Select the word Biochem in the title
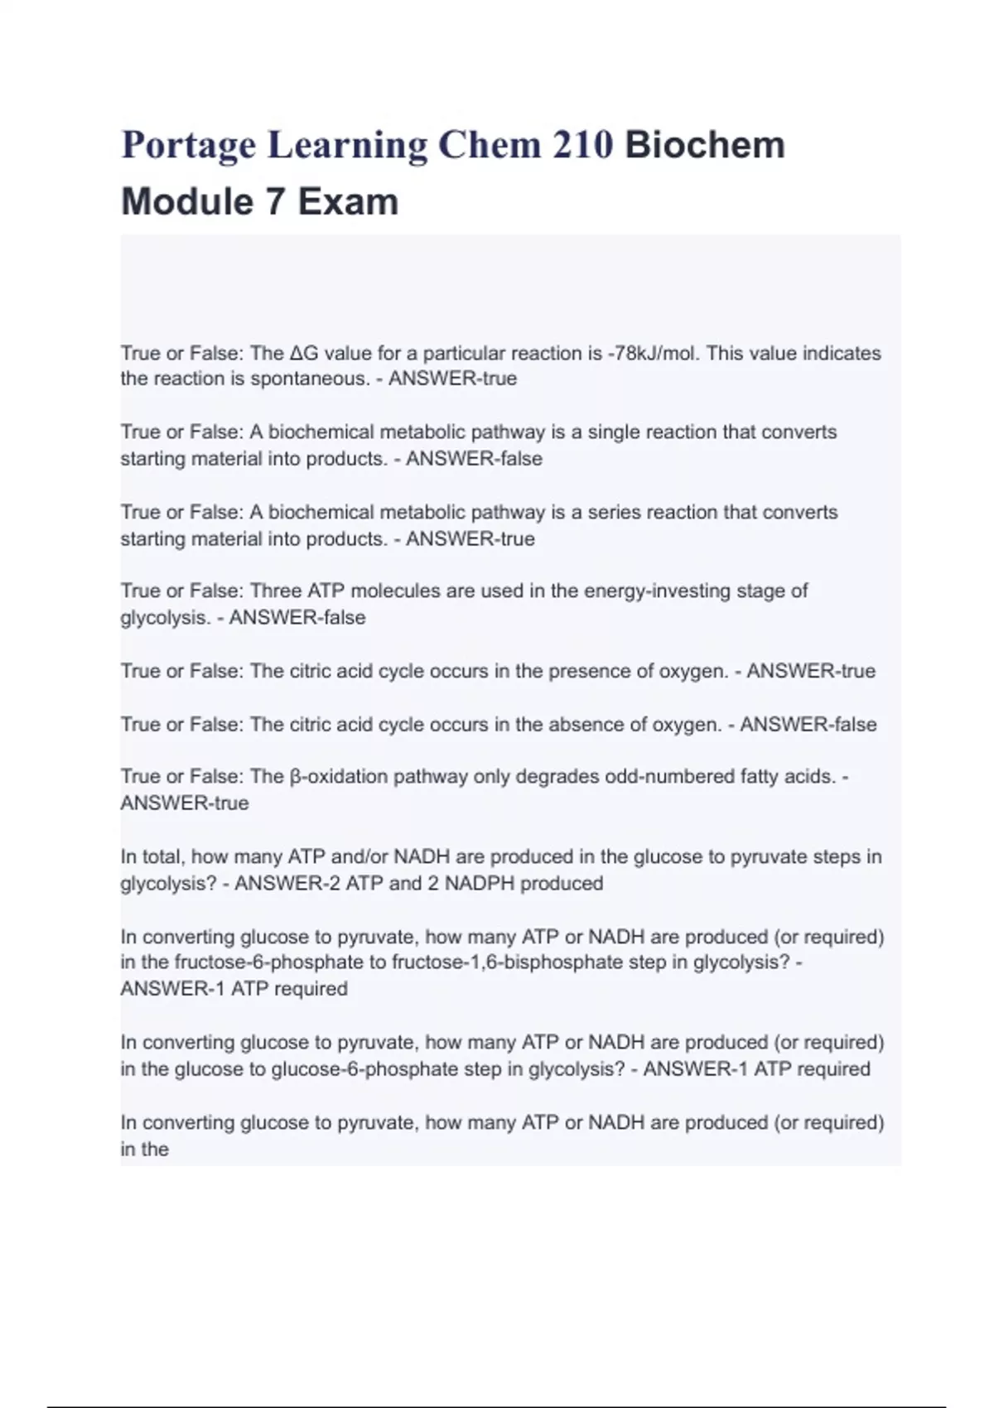705,145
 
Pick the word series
614,513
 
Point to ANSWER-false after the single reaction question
474,459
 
